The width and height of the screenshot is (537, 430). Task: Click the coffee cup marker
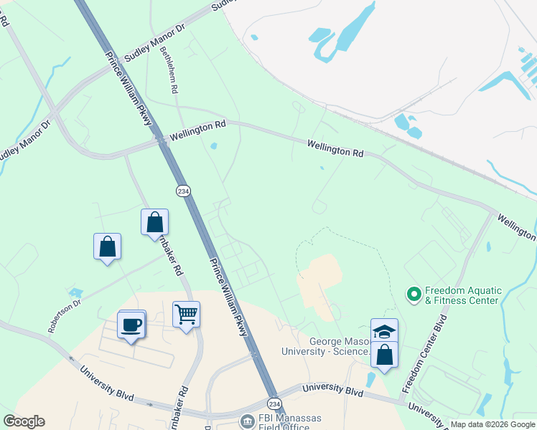click(x=131, y=325)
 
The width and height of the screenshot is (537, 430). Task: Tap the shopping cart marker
click(x=186, y=314)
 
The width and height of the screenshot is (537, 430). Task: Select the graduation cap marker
click(x=384, y=331)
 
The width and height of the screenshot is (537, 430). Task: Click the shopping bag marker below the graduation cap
click(x=384, y=355)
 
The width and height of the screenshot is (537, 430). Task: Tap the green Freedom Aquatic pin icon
click(x=414, y=294)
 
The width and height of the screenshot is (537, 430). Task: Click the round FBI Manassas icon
click(x=248, y=421)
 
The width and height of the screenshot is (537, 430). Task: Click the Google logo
click(x=24, y=421)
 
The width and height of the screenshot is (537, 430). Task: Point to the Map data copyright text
click(x=492, y=424)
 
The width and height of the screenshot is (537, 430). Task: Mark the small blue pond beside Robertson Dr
click(x=75, y=292)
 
